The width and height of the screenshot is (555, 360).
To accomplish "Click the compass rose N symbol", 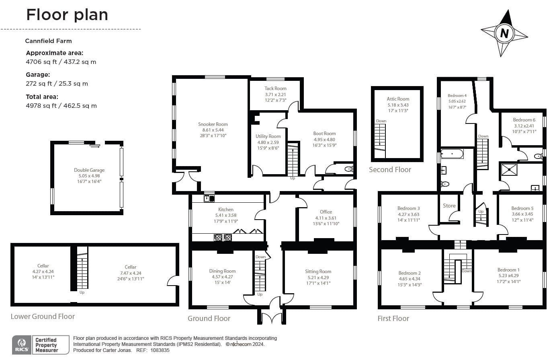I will pyautogui.click(x=504, y=33).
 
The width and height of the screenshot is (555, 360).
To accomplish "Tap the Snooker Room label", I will pyautogui.click(x=213, y=124).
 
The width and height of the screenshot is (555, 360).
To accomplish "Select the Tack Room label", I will pyautogui.click(x=275, y=88).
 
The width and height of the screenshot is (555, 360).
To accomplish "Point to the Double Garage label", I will pyautogui.click(x=89, y=170).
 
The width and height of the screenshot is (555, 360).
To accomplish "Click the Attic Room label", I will pyautogui.click(x=398, y=99).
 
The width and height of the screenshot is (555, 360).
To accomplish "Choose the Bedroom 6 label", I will pyautogui.click(x=524, y=120).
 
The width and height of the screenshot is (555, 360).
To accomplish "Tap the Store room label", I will pyautogui.click(x=449, y=206).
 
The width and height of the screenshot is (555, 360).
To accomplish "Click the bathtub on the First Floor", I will pyautogui.click(x=452, y=153).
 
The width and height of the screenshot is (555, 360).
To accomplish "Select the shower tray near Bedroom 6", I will pyautogui.click(x=509, y=169).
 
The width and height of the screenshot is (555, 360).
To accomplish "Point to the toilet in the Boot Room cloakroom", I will pyautogui.click(x=348, y=169).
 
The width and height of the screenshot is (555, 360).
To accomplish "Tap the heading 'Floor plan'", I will pyautogui.click(x=67, y=15).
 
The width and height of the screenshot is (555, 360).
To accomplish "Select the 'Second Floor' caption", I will pyautogui.click(x=390, y=170).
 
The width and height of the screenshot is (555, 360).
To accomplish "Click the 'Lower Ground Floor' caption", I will pyautogui.click(x=43, y=317).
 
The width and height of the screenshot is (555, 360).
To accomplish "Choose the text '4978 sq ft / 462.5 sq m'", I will pyautogui.click(x=61, y=106).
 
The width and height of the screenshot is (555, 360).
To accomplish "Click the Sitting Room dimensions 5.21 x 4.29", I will pyautogui.click(x=318, y=278).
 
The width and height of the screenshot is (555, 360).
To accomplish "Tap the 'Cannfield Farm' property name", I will pyautogui.click(x=48, y=41).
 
